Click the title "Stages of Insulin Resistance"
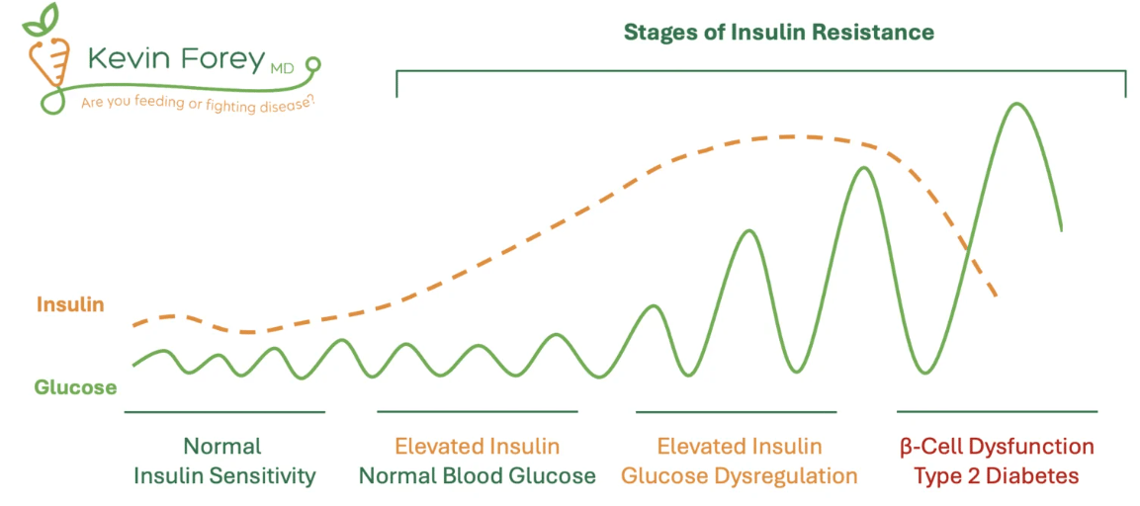779,32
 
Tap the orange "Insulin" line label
69,304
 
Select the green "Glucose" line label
75,387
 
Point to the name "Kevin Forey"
174,59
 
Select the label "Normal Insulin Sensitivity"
223,461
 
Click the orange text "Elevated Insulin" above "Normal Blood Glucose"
477,445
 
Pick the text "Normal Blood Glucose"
478,477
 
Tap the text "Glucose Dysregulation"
740,477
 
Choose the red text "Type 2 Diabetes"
996,477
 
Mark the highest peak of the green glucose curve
1015,104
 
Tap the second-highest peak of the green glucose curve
863,168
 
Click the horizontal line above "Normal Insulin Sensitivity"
224,412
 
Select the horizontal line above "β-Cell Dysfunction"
997,411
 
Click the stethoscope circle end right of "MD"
313,64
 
